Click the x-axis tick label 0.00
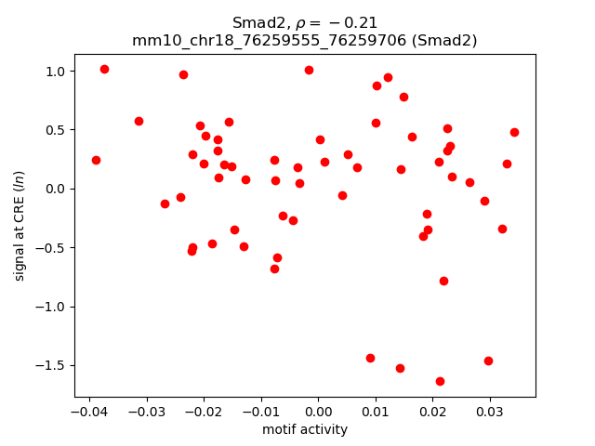(x=318, y=411)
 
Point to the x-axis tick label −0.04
(x=88, y=411)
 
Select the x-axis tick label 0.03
(x=490, y=411)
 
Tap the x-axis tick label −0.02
(x=203, y=411)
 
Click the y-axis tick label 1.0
(x=56, y=72)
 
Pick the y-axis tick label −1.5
(x=51, y=365)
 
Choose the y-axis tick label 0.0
(x=56, y=189)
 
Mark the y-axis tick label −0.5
(x=51, y=248)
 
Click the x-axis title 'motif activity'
(x=305, y=429)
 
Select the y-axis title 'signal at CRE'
(x=20, y=226)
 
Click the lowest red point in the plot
(x=440, y=381)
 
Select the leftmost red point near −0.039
(x=96, y=160)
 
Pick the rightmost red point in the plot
(x=514, y=132)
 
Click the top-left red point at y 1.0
(x=104, y=69)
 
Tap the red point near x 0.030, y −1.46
(x=488, y=361)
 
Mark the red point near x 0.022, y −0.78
(x=443, y=281)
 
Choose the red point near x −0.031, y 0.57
(x=139, y=121)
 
